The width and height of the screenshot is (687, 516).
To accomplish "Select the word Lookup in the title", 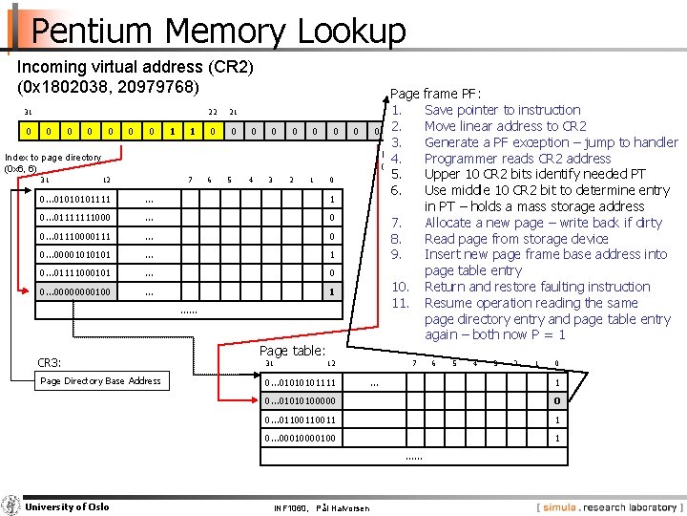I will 352,31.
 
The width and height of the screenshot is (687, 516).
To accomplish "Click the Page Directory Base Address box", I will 99,380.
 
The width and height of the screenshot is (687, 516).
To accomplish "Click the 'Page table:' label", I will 292,351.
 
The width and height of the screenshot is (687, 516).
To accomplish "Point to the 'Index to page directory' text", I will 52,158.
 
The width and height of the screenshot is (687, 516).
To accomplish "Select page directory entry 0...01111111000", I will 75,218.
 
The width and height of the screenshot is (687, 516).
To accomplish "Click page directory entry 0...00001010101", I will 75,255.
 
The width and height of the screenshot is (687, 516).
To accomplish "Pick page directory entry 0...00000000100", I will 75,292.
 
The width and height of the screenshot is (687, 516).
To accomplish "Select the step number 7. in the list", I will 398,223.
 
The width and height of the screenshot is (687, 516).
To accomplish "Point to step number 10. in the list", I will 401,287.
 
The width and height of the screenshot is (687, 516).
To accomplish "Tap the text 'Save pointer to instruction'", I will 502,110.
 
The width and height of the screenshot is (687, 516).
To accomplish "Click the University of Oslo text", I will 67,506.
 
